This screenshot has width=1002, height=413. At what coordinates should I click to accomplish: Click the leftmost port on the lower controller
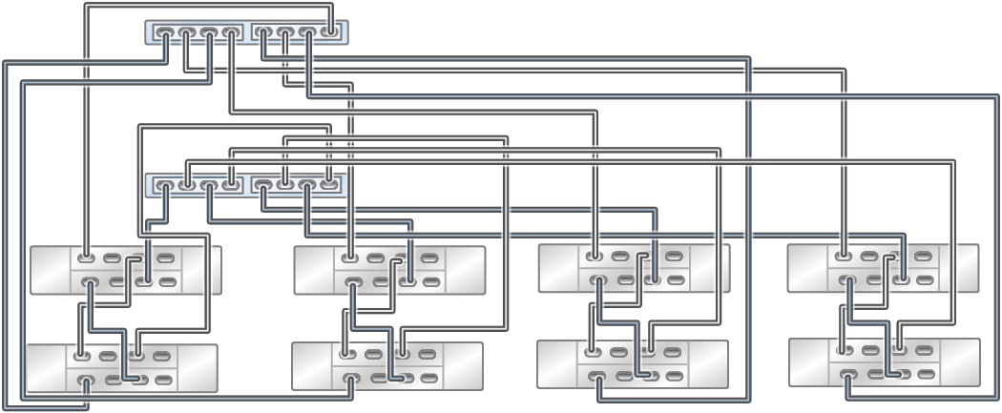(165, 184)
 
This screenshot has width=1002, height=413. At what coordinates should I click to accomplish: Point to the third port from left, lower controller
(208, 184)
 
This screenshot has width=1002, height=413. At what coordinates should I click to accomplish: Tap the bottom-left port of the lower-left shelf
(85, 382)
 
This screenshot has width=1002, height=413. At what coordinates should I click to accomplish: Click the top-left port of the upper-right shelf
(844, 256)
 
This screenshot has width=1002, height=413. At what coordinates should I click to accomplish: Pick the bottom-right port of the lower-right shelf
(924, 375)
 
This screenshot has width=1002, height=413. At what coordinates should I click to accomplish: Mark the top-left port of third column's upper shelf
(595, 256)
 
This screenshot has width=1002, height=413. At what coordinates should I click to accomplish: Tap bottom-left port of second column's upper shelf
(352, 282)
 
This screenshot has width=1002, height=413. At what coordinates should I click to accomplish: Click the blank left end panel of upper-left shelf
(50, 270)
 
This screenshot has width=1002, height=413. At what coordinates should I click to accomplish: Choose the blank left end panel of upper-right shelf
(807, 267)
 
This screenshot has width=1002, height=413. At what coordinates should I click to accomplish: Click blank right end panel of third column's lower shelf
(708, 364)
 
